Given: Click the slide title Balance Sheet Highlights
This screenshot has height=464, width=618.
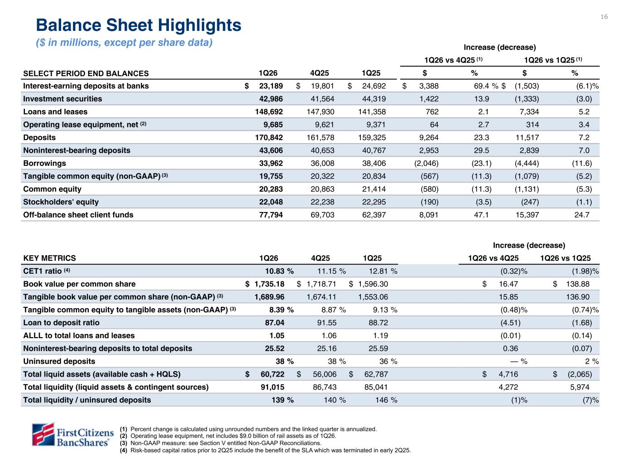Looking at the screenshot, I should tap(139, 25).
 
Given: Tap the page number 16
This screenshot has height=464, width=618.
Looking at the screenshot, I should tap(604, 17).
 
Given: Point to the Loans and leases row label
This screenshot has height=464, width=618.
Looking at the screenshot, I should tap(55, 111).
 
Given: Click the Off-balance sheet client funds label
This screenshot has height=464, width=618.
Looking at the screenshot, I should tap(78, 214).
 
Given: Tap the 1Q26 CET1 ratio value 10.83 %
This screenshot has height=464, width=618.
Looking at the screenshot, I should tap(279, 271).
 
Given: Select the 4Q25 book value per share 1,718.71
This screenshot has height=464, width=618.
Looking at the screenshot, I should tap(320, 284).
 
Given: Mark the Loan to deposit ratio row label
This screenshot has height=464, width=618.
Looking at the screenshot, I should tap(61, 323).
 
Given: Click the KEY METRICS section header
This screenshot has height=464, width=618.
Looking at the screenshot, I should tap(50, 258).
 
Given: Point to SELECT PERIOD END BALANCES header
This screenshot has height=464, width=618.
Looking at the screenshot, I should tap(86, 73).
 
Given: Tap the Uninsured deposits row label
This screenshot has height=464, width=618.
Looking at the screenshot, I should tap(59, 361).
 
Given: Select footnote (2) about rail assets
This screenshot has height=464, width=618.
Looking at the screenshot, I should tap(233, 436).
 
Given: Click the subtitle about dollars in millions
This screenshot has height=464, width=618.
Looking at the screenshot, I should tap(124, 43).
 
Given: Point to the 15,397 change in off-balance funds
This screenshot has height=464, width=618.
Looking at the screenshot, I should tap(527, 214).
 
